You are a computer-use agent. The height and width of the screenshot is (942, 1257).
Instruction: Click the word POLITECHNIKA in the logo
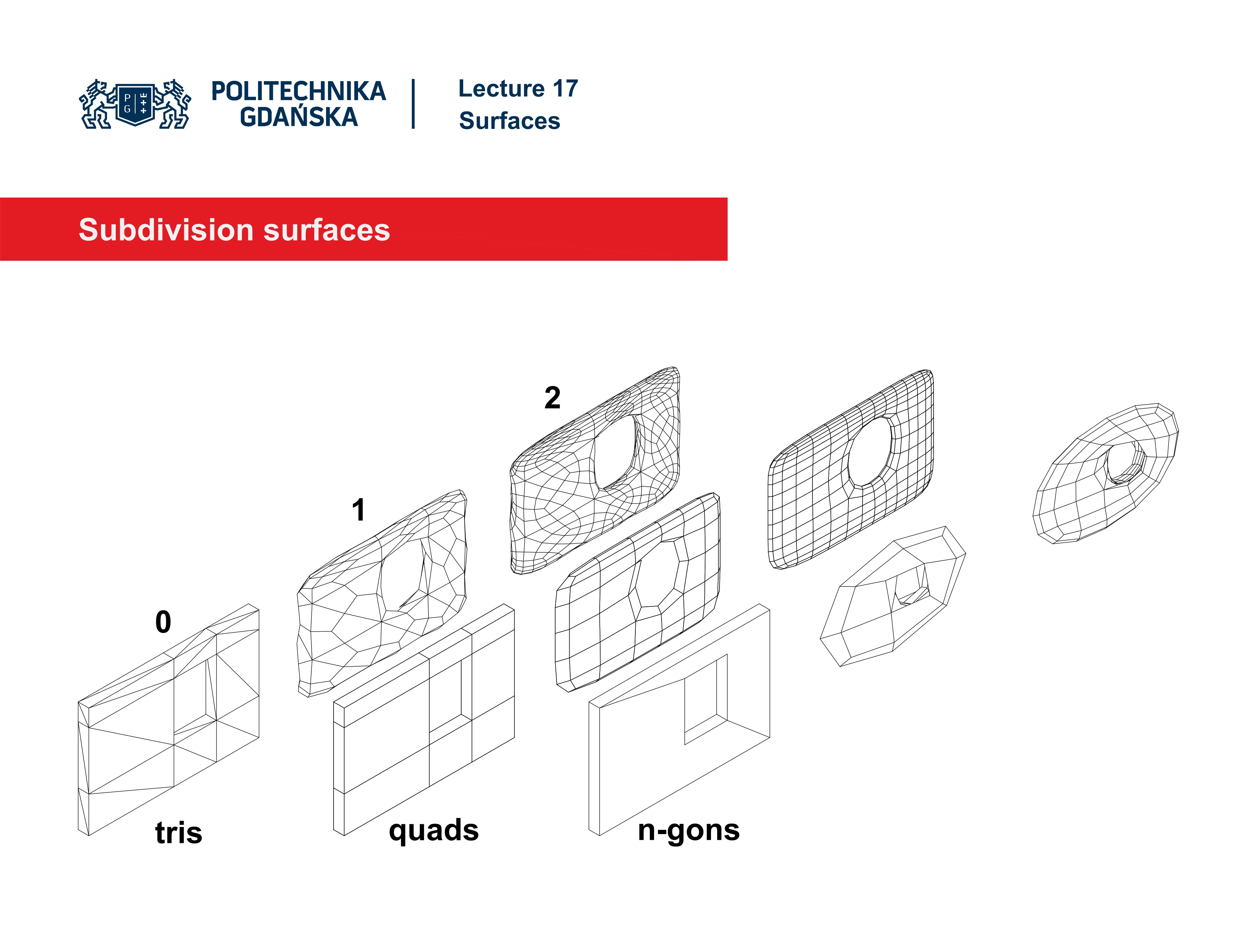coord(298,91)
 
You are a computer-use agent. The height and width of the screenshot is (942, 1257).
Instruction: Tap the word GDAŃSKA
coord(298,117)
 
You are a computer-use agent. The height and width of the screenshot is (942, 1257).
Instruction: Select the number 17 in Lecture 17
coord(565,89)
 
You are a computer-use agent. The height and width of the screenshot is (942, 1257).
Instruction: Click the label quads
coord(434,830)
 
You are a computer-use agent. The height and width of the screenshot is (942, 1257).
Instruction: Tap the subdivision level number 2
coord(552,397)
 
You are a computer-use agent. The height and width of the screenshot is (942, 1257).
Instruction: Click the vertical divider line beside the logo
coord(413,104)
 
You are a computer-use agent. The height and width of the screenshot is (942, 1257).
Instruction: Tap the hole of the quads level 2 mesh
coord(869,451)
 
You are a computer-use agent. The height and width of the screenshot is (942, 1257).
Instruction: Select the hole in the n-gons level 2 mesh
coord(1122,463)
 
